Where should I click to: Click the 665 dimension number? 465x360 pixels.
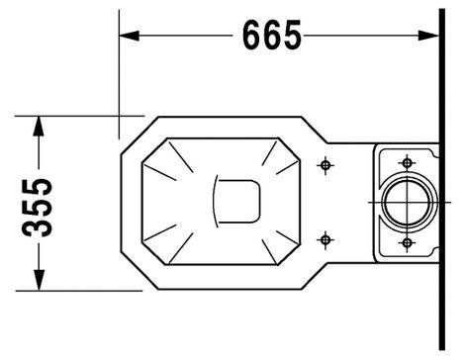(272, 35)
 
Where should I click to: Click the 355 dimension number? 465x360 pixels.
(37, 208)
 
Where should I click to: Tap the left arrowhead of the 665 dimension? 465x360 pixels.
(129, 36)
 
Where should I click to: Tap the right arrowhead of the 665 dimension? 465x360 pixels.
(428, 36)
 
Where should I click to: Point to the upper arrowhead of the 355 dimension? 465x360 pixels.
(39, 127)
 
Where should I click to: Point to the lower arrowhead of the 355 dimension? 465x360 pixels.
(39, 280)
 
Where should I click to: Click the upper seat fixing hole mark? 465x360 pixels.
(325, 165)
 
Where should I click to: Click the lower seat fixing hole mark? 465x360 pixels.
(325, 239)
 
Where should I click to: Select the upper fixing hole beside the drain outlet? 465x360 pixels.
(408, 162)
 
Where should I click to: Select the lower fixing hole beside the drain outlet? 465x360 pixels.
(408, 243)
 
